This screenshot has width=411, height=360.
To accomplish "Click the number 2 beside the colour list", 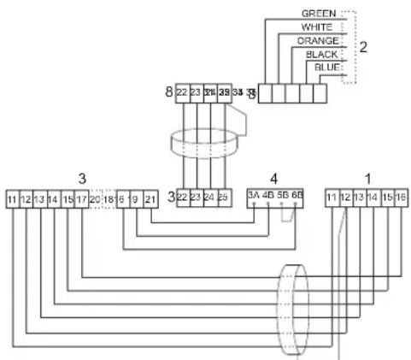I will coord(363,46).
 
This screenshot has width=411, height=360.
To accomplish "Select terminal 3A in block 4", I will coord(254,196).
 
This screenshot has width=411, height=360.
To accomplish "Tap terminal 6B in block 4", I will coord(297,196).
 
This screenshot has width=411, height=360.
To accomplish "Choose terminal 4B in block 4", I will coord(268,196).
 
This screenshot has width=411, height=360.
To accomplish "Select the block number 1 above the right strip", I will coord(367,177).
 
